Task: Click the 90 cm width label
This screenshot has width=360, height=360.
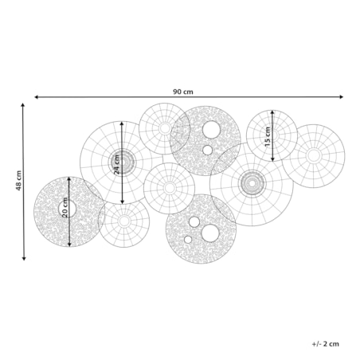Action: click(x=183, y=92)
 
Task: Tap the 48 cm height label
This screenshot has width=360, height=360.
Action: click(x=18, y=181)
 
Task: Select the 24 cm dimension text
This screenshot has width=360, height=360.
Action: click(x=117, y=164)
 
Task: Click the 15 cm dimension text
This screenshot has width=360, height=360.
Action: click(x=268, y=136)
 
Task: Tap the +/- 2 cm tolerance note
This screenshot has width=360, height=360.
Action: click(x=326, y=344)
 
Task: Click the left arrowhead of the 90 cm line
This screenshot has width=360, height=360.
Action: click(x=37, y=97)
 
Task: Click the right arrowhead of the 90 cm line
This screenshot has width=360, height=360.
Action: click(x=342, y=97)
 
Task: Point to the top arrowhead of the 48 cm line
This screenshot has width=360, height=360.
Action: click(x=23, y=105)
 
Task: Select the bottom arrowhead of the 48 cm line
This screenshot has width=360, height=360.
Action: click(x=24, y=258)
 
